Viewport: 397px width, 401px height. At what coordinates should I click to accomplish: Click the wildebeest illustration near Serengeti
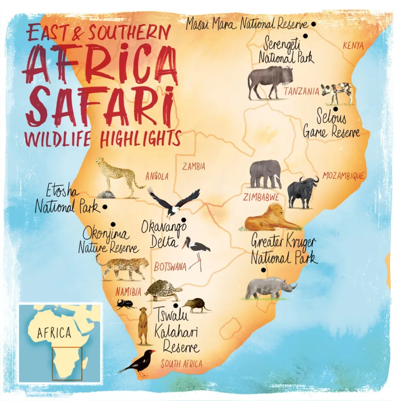tap(269, 81)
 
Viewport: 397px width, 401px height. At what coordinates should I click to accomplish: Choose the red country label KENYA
tap(353, 46)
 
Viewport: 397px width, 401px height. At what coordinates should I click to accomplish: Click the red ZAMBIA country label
tap(194, 166)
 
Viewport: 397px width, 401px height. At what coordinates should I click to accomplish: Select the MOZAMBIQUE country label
tap(343, 176)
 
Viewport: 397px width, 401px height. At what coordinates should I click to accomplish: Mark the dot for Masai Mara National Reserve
tap(313, 24)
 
